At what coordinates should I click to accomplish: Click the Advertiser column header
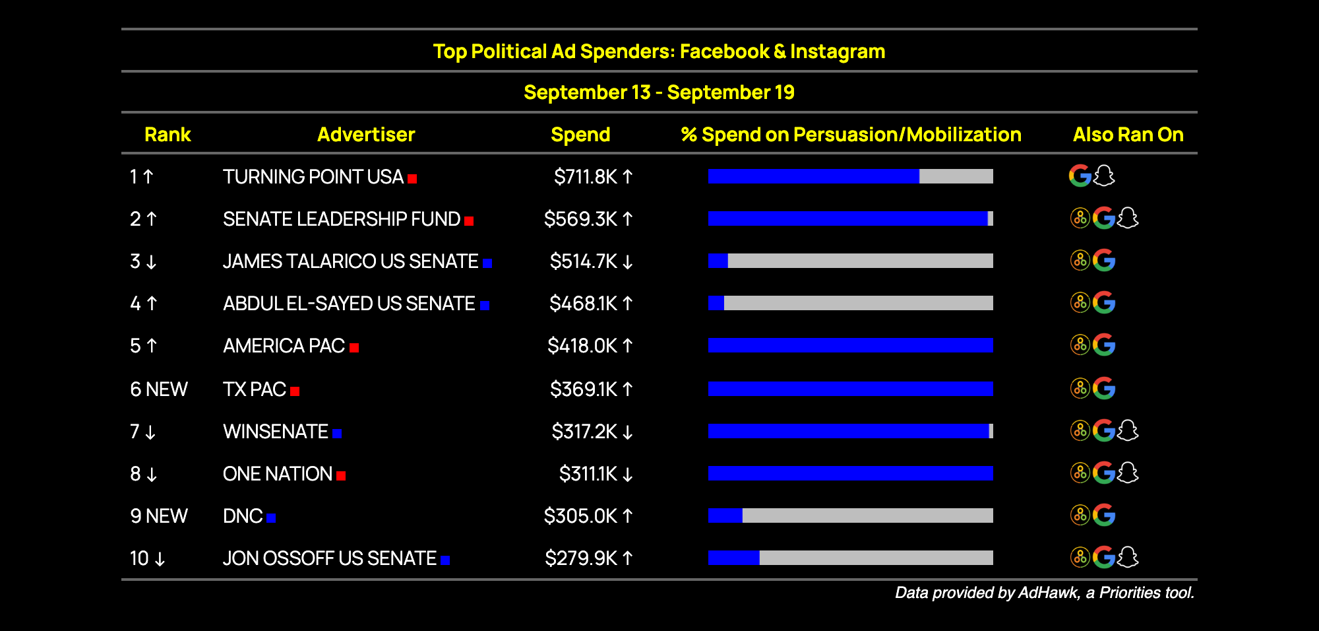[366, 135]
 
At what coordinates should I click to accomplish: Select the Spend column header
[580, 135]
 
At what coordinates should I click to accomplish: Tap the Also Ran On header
[1128, 135]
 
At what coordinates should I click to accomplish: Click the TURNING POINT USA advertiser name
[313, 177]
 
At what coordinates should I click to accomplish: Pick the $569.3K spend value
[581, 219]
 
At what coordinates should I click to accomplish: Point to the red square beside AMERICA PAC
[354, 348]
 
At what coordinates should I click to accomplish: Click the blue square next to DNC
[271, 518]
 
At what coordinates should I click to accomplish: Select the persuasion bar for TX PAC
[851, 389]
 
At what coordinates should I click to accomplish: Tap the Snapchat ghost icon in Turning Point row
[1104, 176]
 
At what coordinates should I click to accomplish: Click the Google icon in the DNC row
[1104, 515]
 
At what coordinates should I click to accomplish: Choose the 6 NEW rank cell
[159, 389]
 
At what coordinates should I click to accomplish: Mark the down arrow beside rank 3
[151, 262]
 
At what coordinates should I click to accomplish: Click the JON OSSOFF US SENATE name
[330, 558]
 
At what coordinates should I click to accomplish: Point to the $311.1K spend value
[588, 474]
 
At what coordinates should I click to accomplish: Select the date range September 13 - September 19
[659, 92]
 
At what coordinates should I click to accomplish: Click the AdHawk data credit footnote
[1045, 593]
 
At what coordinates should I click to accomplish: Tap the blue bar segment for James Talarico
[718, 261]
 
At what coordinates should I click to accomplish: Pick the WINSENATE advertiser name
[276, 432]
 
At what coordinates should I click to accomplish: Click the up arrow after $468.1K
[628, 304]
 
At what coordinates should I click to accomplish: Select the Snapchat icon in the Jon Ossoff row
[1128, 557]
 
